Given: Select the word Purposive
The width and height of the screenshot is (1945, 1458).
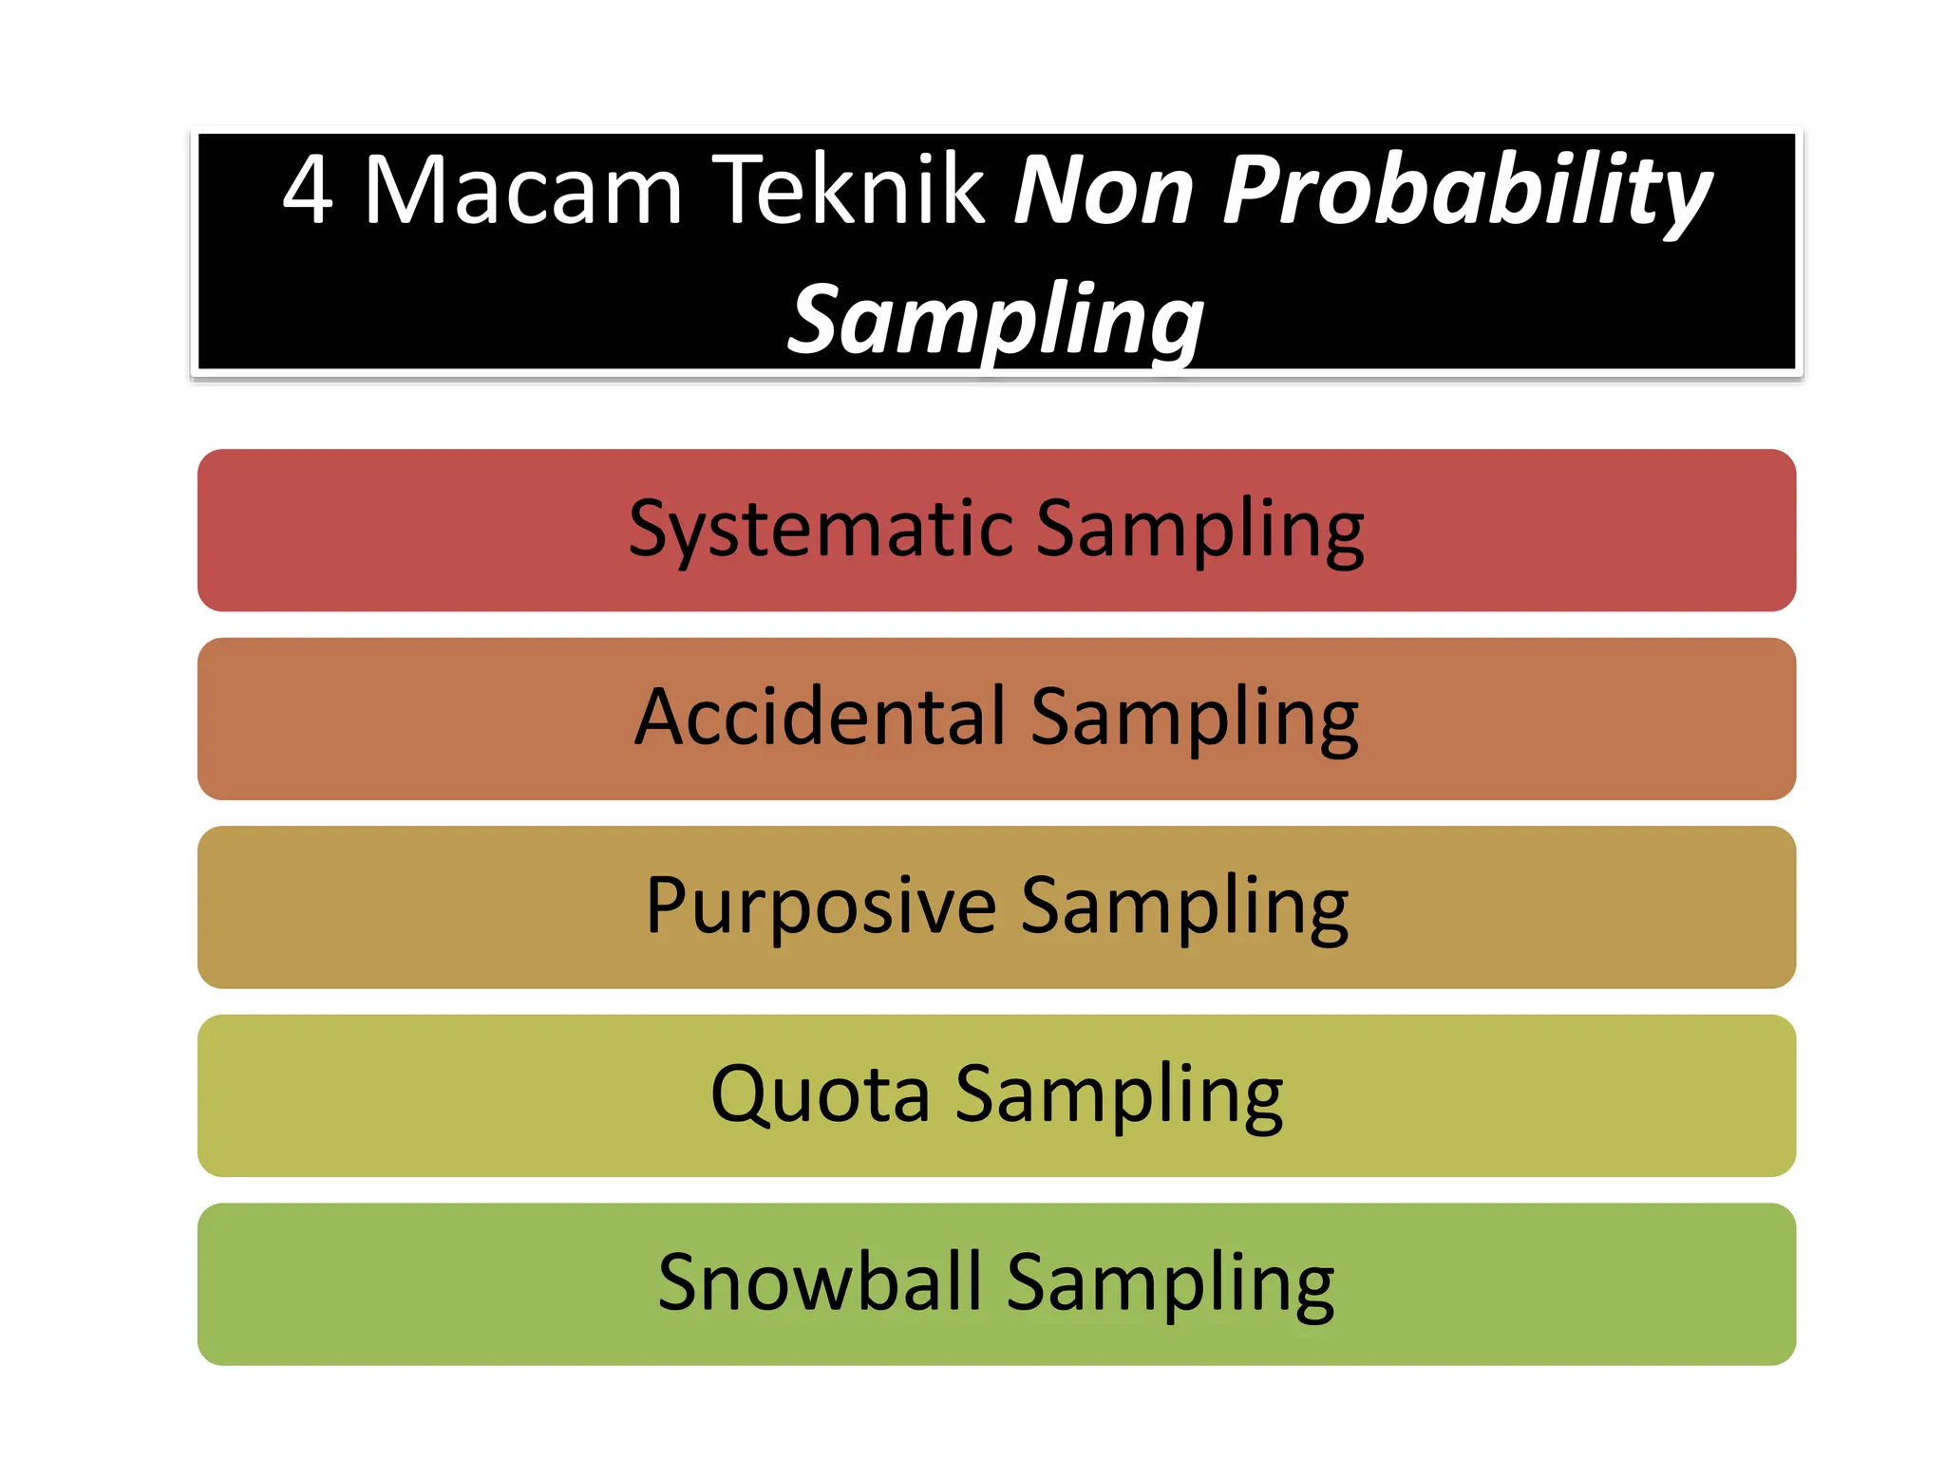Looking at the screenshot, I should tap(821, 907).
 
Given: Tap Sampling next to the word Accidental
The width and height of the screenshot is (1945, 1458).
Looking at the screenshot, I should tap(1195, 719).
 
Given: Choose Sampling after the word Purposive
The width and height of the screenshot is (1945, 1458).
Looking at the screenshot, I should tap(1184, 907).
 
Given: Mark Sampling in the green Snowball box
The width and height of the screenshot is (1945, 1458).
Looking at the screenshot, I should tap(1170, 1283).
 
